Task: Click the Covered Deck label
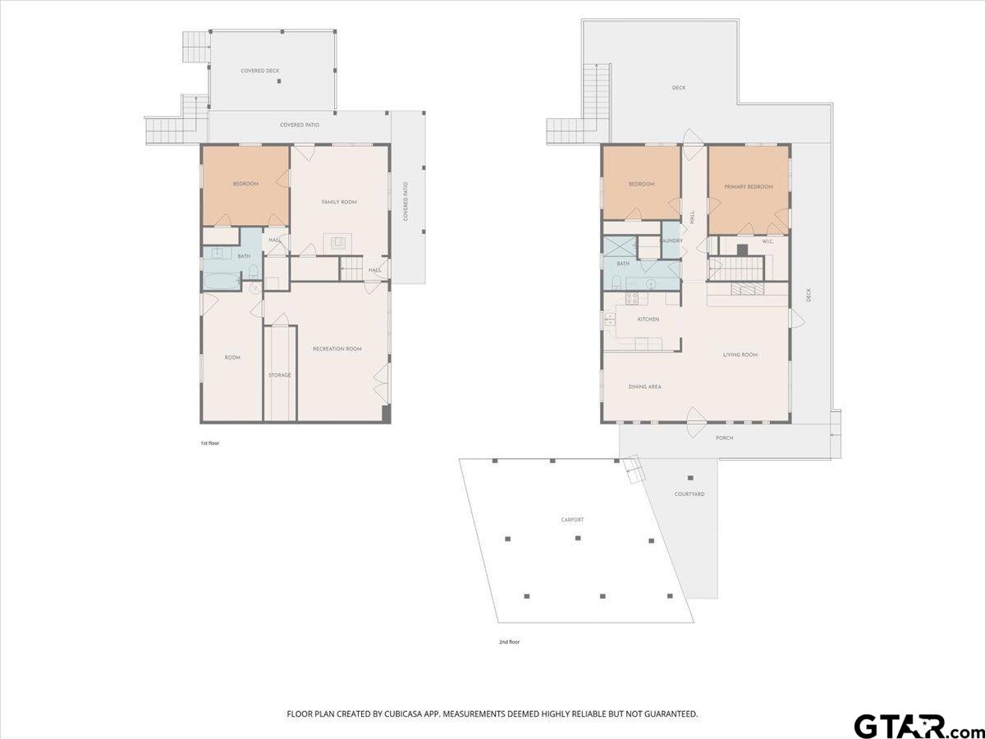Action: pyautogui.click(x=259, y=71)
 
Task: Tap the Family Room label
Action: pyautogui.click(x=339, y=202)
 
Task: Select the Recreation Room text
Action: pyautogui.click(x=337, y=349)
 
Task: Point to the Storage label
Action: pyautogui.click(x=280, y=375)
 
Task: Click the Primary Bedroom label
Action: pyautogui.click(x=749, y=186)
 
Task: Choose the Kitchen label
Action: pyautogui.click(x=648, y=319)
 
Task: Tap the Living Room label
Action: pyautogui.click(x=740, y=355)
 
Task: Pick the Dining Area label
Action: pyautogui.click(x=644, y=387)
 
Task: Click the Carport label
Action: pyautogui.click(x=572, y=520)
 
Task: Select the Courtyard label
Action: pyautogui.click(x=689, y=493)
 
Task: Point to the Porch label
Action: pyautogui.click(x=724, y=438)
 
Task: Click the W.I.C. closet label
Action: pyautogui.click(x=768, y=241)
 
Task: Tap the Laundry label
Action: pyautogui.click(x=671, y=241)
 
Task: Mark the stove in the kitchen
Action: pyautogui.click(x=632, y=299)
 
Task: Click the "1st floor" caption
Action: pyautogui.click(x=210, y=443)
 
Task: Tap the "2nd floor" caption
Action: pyautogui.click(x=509, y=641)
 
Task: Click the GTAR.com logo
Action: pyautogui.click(x=911, y=726)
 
